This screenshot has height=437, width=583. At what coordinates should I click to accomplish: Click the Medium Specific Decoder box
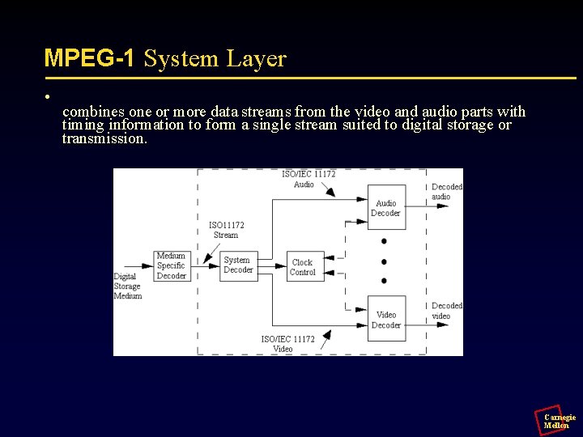(x=171, y=266)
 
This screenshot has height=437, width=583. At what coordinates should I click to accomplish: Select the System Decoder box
(x=238, y=265)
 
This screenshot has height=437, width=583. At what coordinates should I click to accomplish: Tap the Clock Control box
(x=303, y=267)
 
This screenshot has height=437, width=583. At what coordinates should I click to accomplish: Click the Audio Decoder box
(x=386, y=208)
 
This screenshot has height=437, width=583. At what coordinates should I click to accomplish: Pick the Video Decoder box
(x=386, y=320)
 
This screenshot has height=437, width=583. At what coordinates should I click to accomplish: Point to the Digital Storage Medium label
(x=127, y=286)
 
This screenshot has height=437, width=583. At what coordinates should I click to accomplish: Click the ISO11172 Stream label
(x=226, y=230)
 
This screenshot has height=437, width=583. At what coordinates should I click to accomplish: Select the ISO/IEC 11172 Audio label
(x=308, y=179)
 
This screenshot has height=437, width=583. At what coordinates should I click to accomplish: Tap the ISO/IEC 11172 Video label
(x=287, y=344)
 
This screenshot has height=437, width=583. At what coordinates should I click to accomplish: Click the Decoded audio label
(x=446, y=191)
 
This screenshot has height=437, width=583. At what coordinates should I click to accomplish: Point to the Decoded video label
(x=446, y=311)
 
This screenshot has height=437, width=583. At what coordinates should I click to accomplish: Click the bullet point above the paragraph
(x=49, y=96)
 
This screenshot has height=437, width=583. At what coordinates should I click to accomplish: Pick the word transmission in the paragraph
(x=104, y=138)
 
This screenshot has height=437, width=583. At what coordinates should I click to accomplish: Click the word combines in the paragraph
(x=92, y=112)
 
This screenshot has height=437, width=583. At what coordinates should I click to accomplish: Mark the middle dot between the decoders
(x=384, y=261)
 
